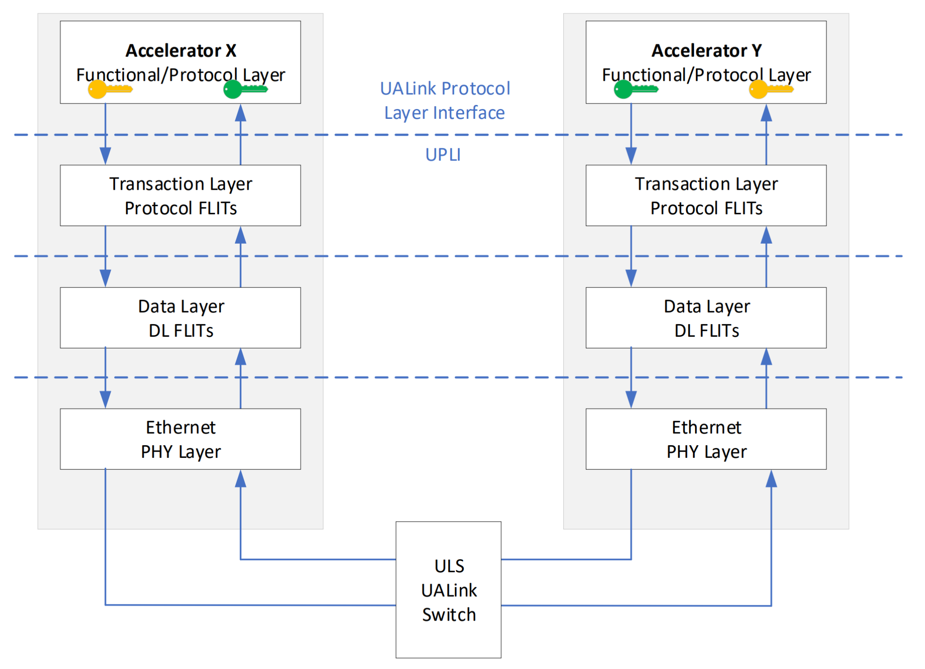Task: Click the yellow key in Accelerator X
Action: (x=110, y=89)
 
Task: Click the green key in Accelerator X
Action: (x=245, y=89)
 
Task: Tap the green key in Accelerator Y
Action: (x=636, y=89)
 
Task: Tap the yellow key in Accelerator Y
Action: (x=771, y=89)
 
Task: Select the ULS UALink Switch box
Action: (x=448, y=589)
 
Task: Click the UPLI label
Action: (x=443, y=155)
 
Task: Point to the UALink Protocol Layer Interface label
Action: (x=445, y=100)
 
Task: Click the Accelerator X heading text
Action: (x=181, y=50)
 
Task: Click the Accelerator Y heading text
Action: (x=706, y=50)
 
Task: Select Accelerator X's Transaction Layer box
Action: (x=181, y=195)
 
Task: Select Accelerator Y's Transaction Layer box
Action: (x=706, y=195)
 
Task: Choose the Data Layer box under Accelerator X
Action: (x=181, y=318)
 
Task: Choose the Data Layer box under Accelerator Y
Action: (x=706, y=318)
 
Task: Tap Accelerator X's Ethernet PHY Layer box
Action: (x=181, y=439)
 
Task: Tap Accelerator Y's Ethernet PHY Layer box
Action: (x=706, y=439)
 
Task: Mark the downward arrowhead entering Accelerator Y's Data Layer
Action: (x=631, y=278)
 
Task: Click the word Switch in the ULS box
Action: (x=449, y=615)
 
